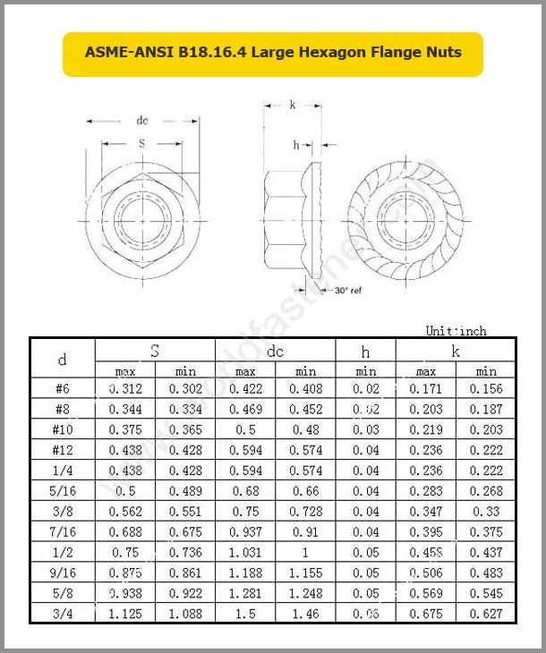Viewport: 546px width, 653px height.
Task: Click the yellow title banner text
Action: [273, 53]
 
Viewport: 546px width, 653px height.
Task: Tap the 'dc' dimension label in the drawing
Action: [141, 121]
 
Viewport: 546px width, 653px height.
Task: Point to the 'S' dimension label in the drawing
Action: [141, 143]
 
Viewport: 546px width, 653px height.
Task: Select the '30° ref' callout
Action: [347, 291]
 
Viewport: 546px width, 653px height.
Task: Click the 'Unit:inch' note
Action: [456, 331]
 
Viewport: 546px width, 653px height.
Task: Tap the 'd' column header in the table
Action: [63, 360]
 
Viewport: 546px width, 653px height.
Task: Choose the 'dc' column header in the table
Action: [275, 352]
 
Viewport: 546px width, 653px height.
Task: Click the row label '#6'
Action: [63, 389]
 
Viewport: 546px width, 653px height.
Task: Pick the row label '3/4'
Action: [63, 614]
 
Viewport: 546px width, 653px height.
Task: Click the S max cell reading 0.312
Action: [124, 389]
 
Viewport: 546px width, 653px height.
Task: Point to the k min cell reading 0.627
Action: [486, 614]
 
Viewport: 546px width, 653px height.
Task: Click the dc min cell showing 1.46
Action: [305, 614]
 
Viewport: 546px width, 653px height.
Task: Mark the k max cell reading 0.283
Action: [425, 491]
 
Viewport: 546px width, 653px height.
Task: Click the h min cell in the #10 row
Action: [365, 429]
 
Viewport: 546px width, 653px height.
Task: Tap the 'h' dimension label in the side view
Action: [296, 145]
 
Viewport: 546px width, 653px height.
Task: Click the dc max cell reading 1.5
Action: [245, 614]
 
